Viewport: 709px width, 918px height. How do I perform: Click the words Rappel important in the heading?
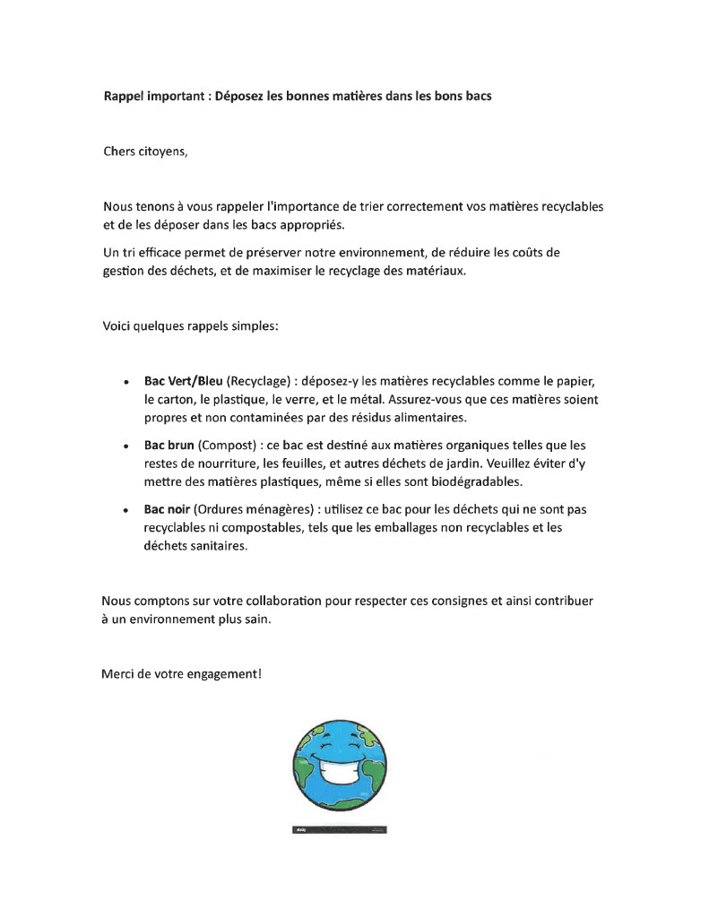click(154, 96)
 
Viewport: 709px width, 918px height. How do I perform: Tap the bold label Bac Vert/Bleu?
click(184, 379)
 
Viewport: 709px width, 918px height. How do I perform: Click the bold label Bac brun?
click(169, 445)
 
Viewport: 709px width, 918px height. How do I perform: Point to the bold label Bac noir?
click(167, 509)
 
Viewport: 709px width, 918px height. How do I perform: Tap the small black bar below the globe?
click(340, 830)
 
